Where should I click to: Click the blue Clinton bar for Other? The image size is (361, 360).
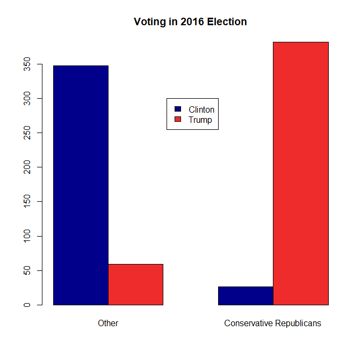click(x=81, y=185)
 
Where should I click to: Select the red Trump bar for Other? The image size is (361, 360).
click(x=135, y=284)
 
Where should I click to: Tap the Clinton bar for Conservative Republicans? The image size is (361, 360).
click(x=246, y=296)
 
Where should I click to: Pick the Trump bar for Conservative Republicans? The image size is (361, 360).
click(x=300, y=173)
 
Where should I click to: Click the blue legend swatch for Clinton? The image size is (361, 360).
click(x=178, y=109)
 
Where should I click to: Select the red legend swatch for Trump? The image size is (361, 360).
click(x=178, y=120)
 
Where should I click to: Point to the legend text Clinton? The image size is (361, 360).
click(x=201, y=109)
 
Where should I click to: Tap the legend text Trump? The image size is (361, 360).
click(x=200, y=120)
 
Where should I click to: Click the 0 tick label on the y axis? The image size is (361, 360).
click(x=26, y=305)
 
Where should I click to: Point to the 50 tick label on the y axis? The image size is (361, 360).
click(x=26, y=270)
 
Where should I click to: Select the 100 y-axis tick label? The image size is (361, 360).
click(x=26, y=236)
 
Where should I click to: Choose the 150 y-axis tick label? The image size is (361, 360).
click(x=26, y=202)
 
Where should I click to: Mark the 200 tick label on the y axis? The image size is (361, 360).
click(x=26, y=167)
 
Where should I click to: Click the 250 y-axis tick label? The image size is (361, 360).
click(x=26, y=133)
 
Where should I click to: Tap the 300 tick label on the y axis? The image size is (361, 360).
click(x=26, y=99)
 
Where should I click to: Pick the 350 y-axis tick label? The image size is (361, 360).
click(x=26, y=64)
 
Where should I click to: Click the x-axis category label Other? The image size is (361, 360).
click(x=108, y=324)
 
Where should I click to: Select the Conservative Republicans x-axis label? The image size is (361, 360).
click(x=272, y=324)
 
